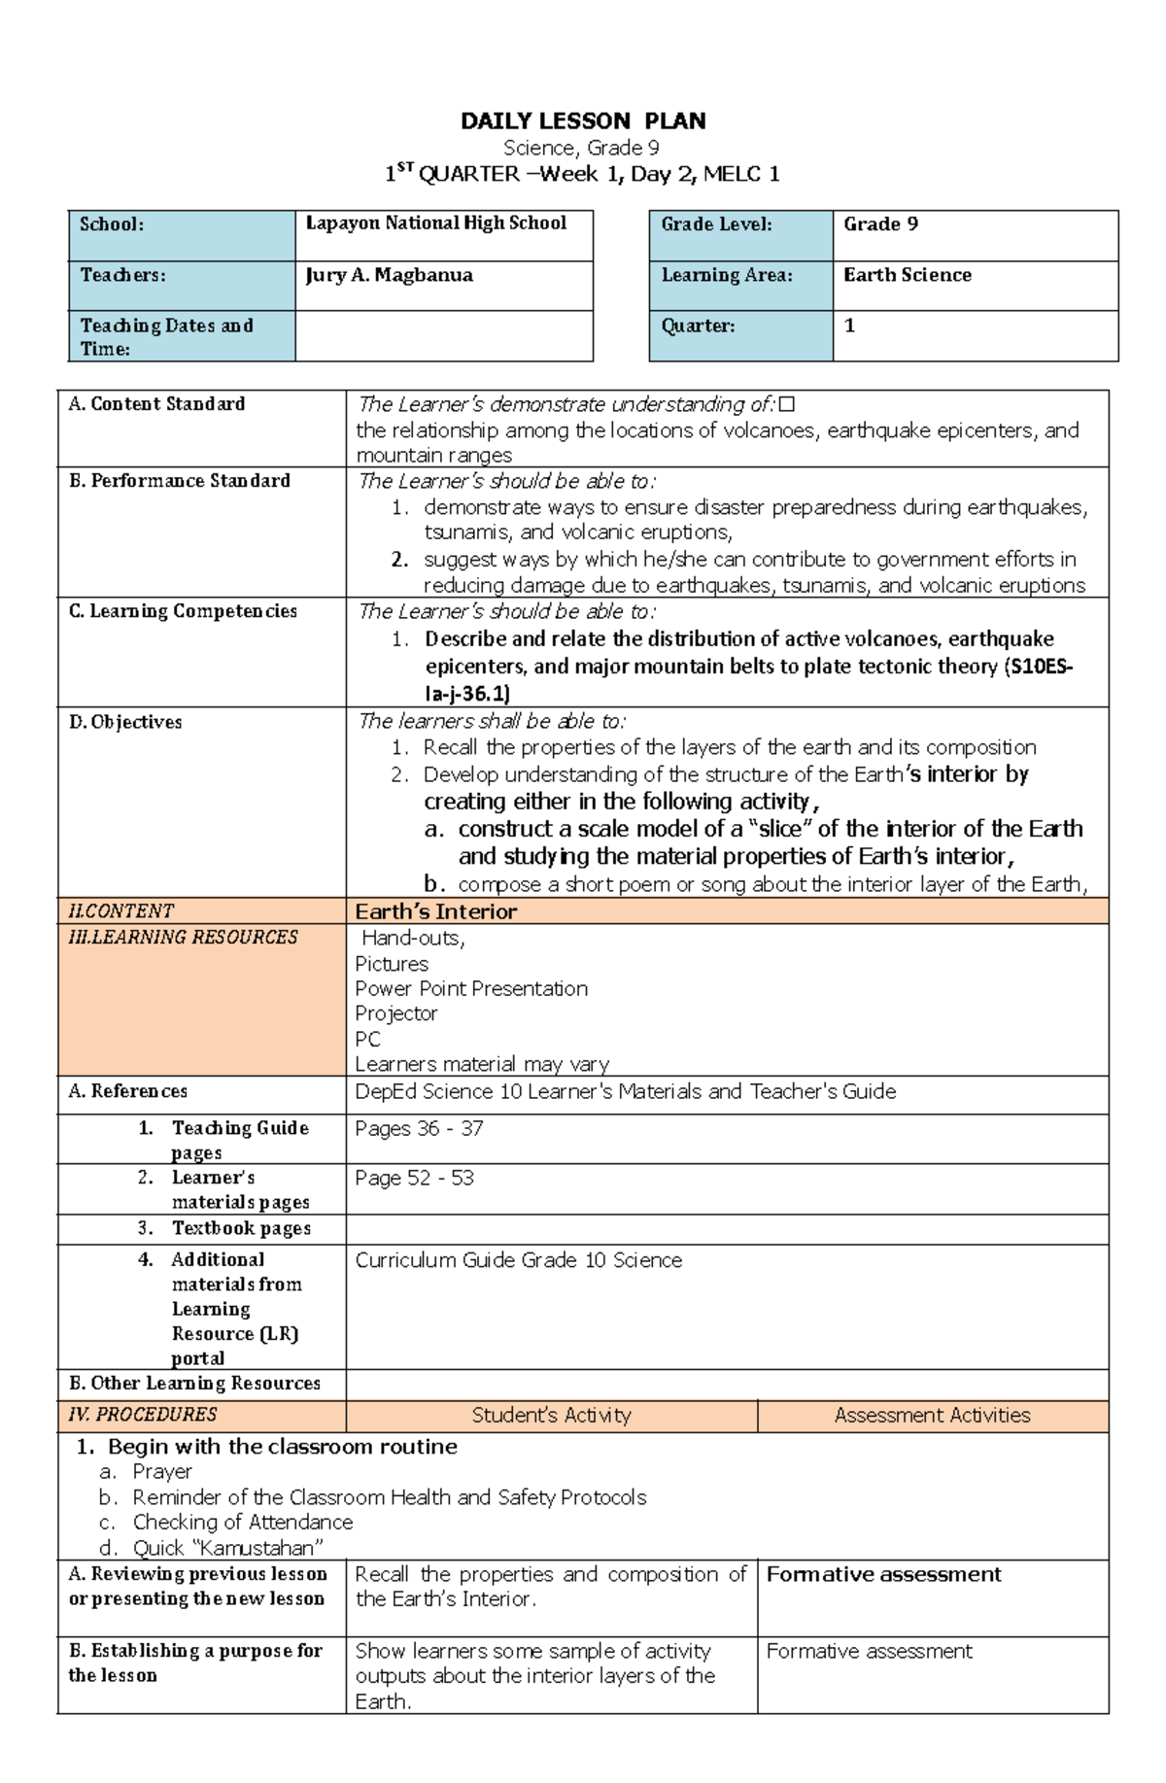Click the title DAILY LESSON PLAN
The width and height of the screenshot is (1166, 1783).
point(583,121)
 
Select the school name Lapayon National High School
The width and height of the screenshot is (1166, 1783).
point(436,223)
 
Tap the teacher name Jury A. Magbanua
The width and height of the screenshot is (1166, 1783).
point(389,275)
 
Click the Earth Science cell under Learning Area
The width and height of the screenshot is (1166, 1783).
point(908,275)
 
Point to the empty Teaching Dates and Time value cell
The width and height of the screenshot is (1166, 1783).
point(444,336)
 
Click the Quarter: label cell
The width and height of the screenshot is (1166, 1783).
point(699,326)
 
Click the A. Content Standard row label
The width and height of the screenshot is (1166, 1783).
point(156,404)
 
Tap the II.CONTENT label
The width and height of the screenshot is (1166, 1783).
point(120,911)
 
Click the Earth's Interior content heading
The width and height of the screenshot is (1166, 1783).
point(436,911)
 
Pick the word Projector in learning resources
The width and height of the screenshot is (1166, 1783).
point(396,1013)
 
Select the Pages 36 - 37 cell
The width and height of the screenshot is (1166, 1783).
point(419,1129)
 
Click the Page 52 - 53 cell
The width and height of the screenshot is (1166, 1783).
point(414,1179)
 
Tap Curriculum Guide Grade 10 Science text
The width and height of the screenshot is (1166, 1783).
point(519,1260)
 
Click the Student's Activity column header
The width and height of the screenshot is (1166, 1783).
point(551,1416)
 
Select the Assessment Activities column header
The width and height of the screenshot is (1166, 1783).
point(932,1416)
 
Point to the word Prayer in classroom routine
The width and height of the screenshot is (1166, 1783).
point(162,1472)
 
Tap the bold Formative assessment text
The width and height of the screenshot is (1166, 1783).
point(883,1574)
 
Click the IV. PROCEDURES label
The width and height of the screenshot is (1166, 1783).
point(143,1415)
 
